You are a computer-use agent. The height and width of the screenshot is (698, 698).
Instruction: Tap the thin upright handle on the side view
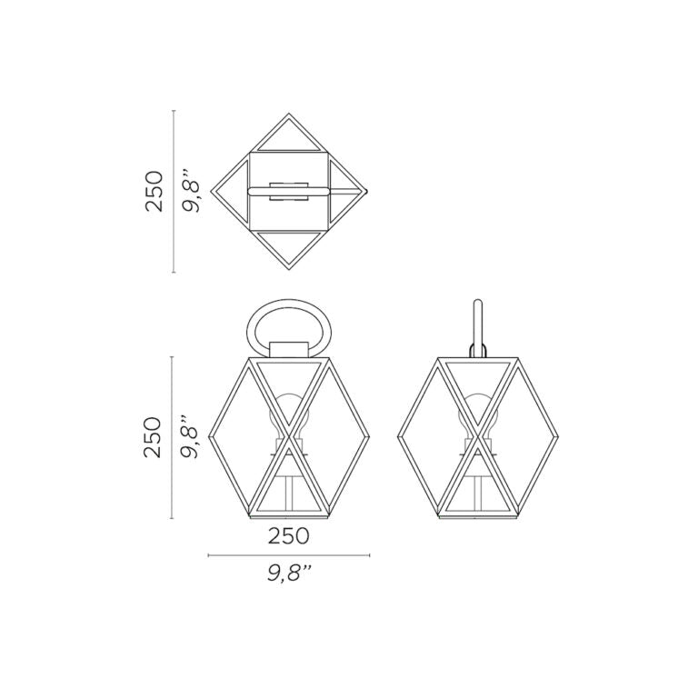click(x=477, y=323)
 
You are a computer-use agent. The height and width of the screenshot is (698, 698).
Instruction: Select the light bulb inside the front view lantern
click(x=289, y=414)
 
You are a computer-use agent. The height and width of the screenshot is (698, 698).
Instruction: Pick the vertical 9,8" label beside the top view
click(x=192, y=191)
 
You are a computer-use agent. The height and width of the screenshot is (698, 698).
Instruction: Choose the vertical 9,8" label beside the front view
click(x=192, y=437)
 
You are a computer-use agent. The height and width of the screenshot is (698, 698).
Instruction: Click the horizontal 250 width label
click(x=288, y=536)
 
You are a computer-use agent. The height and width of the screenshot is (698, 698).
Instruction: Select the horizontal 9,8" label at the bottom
click(x=290, y=573)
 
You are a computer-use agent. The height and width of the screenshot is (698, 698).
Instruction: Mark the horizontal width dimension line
click(x=289, y=555)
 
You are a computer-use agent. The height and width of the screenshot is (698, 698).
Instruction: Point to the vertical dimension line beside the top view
click(x=173, y=191)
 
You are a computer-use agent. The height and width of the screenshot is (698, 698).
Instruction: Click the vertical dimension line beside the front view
click(x=173, y=438)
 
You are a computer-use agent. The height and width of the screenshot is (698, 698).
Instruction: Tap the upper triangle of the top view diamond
click(x=289, y=135)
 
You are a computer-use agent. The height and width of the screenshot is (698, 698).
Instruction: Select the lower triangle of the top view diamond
click(x=289, y=246)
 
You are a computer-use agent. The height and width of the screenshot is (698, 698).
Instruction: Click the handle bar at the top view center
click(x=289, y=191)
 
